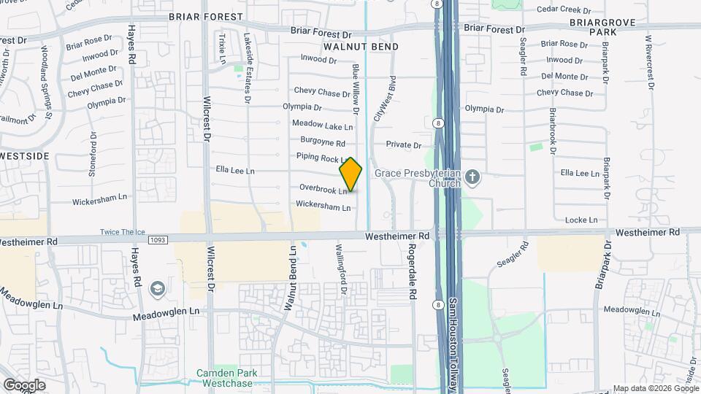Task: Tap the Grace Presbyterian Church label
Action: [x=417, y=178]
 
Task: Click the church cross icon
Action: [x=472, y=177]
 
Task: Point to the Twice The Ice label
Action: [x=123, y=233]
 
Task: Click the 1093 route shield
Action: [x=157, y=239]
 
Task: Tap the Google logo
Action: [x=24, y=385]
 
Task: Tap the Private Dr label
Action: [x=404, y=145]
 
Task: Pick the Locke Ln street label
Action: [x=582, y=220]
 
